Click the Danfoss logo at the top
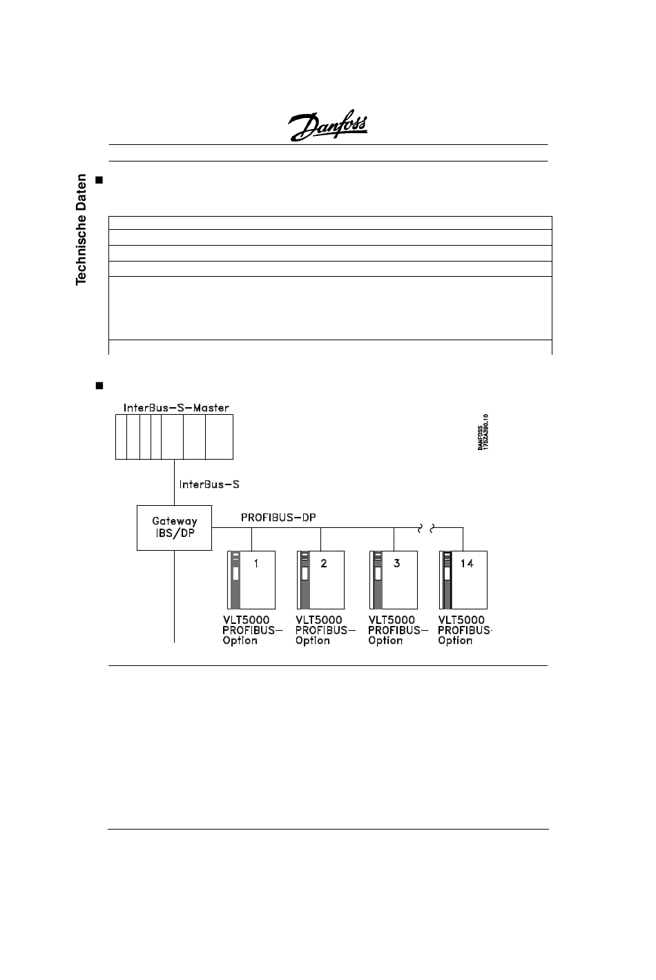point(327,126)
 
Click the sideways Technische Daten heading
point(81,229)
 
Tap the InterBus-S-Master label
point(176,408)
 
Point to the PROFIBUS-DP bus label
point(278,518)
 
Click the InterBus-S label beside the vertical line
point(209,484)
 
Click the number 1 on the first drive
point(256,563)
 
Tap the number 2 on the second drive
point(324,563)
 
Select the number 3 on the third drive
point(397,563)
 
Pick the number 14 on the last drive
point(467,563)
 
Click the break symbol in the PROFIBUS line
point(425,529)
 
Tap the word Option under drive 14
point(455,640)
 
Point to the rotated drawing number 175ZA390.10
point(486,433)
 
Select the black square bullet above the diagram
point(98,384)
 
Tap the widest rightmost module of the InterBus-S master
point(220,437)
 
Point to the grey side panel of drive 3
point(377,580)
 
